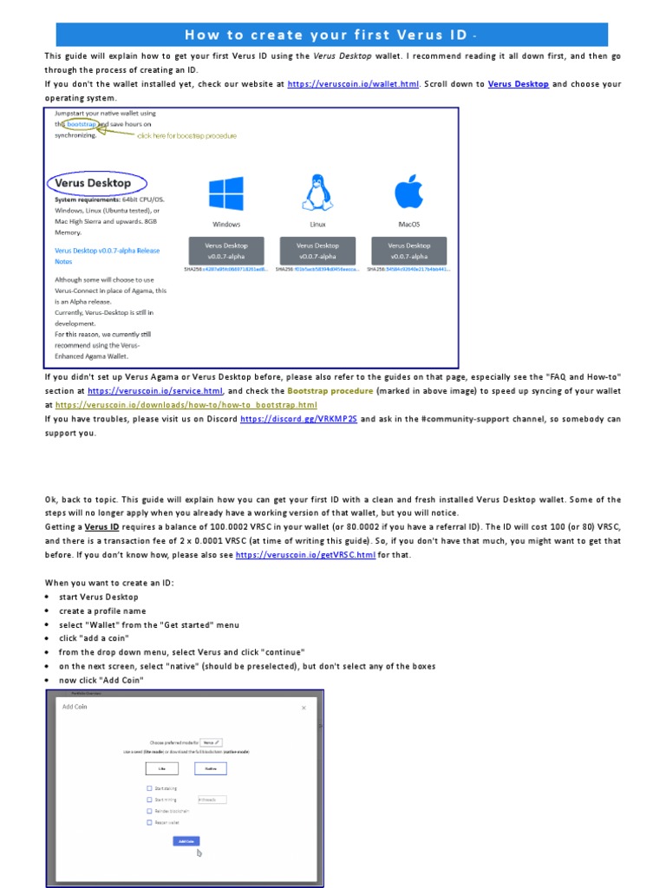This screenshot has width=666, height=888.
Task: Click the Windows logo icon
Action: pyautogui.click(x=225, y=194)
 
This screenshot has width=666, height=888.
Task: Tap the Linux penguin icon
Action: pyautogui.click(x=317, y=193)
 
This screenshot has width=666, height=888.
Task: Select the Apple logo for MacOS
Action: pyautogui.click(x=408, y=193)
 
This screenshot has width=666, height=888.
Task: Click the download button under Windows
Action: pyautogui.click(x=225, y=251)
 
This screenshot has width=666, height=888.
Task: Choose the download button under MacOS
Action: pyautogui.click(x=408, y=251)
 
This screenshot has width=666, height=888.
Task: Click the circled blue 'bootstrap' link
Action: pyautogui.click(x=81, y=124)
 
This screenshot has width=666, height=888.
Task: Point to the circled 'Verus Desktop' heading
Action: pyautogui.click(x=93, y=183)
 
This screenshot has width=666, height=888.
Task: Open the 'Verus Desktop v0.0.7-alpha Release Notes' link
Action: pyautogui.click(x=107, y=255)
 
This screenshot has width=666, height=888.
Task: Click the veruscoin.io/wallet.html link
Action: pyautogui.click(x=352, y=84)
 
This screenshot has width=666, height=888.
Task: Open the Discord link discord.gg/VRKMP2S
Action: pyautogui.click(x=297, y=419)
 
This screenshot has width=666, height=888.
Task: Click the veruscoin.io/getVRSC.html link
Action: pyautogui.click(x=305, y=554)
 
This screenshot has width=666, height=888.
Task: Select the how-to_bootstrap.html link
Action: pyautogui.click(x=186, y=405)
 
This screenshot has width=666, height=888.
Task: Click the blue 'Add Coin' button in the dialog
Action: pyautogui.click(x=186, y=840)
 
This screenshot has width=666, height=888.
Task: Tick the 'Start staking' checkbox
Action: pyautogui.click(x=149, y=787)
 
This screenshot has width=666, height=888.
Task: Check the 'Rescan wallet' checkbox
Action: pyautogui.click(x=149, y=821)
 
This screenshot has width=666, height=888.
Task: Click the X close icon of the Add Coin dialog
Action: pyautogui.click(x=304, y=708)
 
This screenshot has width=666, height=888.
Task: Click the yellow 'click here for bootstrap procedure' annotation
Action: pyautogui.click(x=186, y=136)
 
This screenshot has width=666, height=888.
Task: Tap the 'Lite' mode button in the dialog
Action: pyautogui.click(x=161, y=767)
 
